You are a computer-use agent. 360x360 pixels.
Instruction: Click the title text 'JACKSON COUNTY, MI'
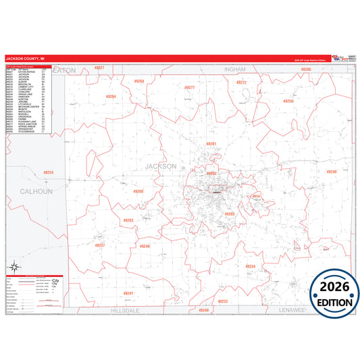[25, 59]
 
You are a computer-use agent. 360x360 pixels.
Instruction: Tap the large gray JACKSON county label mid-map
[161, 166]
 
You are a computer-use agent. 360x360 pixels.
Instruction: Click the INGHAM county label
[235, 69]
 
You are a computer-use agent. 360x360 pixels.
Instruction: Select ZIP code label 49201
[211, 144]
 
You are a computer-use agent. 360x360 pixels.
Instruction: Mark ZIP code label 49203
[229, 213]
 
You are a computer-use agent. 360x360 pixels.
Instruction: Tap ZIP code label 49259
[288, 101]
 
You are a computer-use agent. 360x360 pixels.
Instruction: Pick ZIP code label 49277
[190, 88]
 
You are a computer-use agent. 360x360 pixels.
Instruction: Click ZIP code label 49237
[100, 245]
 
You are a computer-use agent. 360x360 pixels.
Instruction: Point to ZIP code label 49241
[128, 293]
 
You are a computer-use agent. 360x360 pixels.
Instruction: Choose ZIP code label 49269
[138, 191]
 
